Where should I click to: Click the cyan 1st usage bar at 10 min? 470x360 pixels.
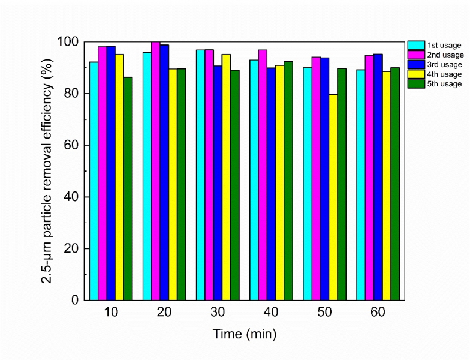94,181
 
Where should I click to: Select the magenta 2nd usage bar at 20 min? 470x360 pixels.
156,171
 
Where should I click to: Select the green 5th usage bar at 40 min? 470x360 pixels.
288,181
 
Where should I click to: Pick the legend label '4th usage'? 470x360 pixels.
444,74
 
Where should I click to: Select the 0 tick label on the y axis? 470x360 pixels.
74,300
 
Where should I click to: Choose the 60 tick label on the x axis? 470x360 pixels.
378,312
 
